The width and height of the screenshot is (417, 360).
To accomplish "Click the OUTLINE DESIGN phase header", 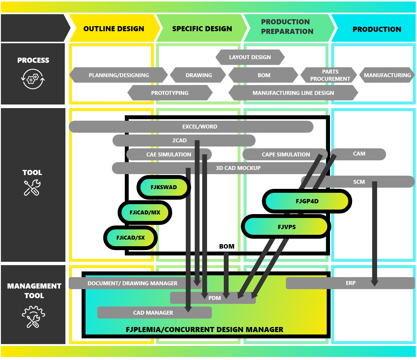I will point(114,29).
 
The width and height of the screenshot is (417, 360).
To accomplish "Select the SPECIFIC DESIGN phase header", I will point(202,29).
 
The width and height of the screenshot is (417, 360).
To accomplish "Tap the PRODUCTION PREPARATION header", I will point(287,27).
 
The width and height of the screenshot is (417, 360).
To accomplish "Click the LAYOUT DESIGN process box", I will point(250,57).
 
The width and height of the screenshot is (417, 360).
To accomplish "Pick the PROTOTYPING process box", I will point(170,93).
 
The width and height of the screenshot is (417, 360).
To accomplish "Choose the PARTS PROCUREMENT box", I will point(330,75).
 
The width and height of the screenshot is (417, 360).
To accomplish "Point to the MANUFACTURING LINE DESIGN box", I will point(293,93).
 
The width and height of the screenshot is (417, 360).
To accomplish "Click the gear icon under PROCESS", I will point(33,79).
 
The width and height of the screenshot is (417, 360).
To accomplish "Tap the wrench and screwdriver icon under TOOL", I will point(32,188).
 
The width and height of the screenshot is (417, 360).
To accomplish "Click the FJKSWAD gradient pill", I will point(163,187).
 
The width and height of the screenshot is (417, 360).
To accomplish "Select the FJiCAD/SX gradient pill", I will point(130,238).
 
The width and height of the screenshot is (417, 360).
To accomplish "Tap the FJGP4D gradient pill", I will point(307,201).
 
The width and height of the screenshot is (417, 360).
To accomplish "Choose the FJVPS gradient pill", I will point(286,227).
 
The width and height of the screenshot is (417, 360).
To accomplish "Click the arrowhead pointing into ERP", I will point(374,283).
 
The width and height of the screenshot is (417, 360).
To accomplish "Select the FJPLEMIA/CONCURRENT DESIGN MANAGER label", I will point(204,330).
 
